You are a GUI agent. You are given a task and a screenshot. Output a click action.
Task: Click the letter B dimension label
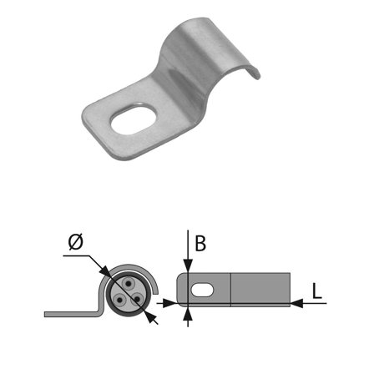(x=200, y=245)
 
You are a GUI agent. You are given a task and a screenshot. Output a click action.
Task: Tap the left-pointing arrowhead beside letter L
(x=297, y=304)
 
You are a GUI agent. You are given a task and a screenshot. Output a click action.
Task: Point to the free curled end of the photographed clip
(x=250, y=73)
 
